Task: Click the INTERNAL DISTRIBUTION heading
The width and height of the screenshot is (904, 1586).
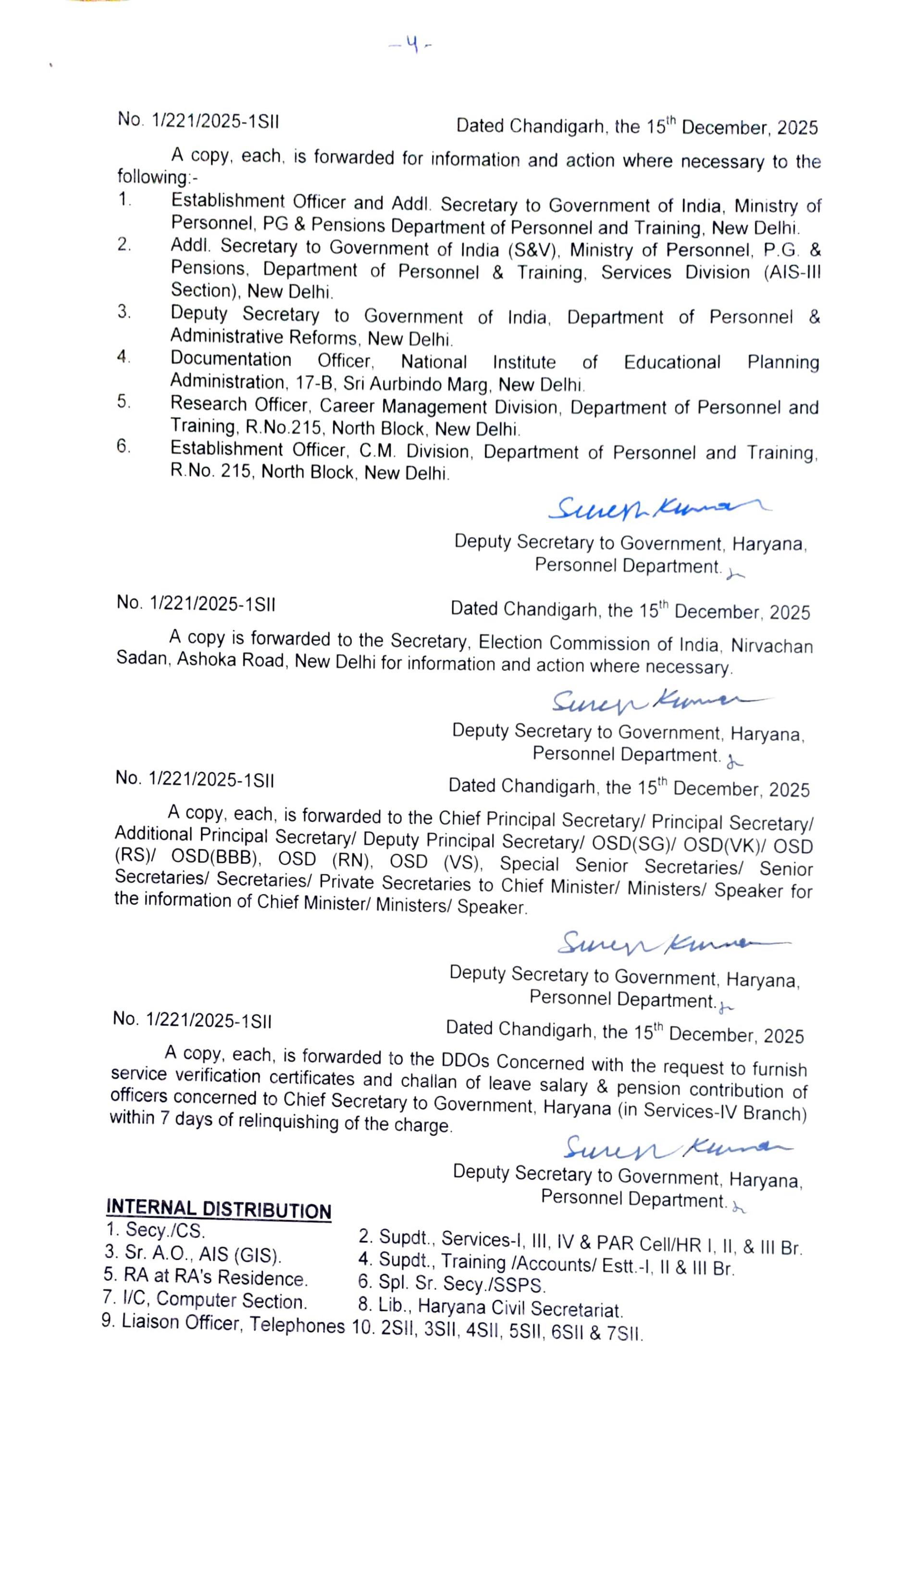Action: (219, 1209)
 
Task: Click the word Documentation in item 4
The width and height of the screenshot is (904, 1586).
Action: (231, 359)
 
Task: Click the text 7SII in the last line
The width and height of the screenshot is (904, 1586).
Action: (624, 1333)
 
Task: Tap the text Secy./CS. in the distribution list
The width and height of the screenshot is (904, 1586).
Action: (165, 1230)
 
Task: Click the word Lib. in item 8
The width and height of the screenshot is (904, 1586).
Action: (391, 1305)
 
